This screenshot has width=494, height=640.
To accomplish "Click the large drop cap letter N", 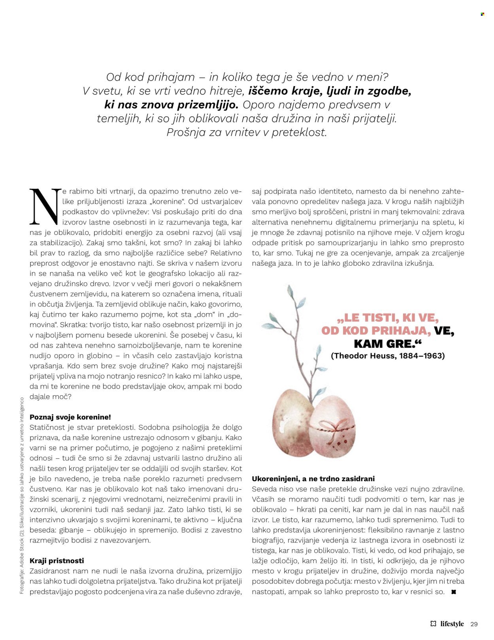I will click(45, 206).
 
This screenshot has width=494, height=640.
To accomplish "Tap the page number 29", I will click(474, 624).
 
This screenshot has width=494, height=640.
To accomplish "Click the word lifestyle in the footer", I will click(452, 624).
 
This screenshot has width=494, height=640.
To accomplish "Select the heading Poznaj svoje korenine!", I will click(70, 417).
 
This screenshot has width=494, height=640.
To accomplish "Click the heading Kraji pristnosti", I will click(57, 561).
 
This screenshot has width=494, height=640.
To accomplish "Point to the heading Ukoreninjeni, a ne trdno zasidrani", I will click(313, 479).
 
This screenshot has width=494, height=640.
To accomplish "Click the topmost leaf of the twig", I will click(290, 292).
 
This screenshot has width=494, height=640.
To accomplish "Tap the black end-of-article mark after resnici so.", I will click(453, 592).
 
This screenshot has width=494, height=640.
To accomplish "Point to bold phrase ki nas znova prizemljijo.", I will click(172, 105).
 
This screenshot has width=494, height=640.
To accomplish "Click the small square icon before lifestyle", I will click(433, 624).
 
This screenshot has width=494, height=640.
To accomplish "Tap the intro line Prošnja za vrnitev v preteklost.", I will click(247, 132).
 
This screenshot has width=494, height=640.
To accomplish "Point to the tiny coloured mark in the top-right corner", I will click(482, 14).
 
